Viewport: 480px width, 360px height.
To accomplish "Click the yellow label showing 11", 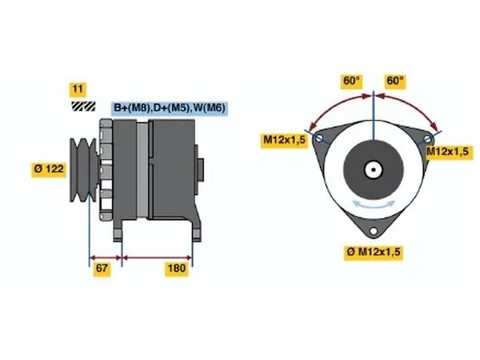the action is tap(78, 89).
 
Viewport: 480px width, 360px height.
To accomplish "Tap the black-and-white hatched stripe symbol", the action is tap(83, 106).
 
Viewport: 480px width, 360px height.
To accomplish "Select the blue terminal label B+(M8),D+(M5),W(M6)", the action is tap(169, 107).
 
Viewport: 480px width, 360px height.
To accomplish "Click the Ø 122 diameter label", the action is tap(49, 169).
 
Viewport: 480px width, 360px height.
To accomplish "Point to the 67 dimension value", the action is tap(102, 268).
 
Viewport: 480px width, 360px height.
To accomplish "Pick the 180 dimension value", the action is tap(176, 268).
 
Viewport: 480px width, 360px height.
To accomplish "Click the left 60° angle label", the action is tap(351, 82).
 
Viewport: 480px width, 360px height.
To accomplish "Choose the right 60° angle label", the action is tap(395, 82).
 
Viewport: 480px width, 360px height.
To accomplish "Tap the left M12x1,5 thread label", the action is tap(285, 140).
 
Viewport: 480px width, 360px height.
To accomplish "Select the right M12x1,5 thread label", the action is tap(447, 151).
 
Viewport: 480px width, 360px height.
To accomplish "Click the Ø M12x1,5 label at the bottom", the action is tap(373, 252).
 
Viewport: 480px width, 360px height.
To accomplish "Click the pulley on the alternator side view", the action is tap(84, 170).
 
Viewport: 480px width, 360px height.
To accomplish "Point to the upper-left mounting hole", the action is tap(319, 138).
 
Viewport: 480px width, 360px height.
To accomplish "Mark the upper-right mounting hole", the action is tap(428, 140).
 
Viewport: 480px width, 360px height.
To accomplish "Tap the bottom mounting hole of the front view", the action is tap(373, 231).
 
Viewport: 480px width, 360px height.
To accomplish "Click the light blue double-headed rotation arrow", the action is tap(373, 205).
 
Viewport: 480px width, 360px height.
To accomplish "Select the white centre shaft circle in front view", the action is tap(373, 169).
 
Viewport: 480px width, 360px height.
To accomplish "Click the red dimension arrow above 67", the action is tap(105, 257).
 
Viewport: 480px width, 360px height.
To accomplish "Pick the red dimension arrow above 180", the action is tap(158, 257).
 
